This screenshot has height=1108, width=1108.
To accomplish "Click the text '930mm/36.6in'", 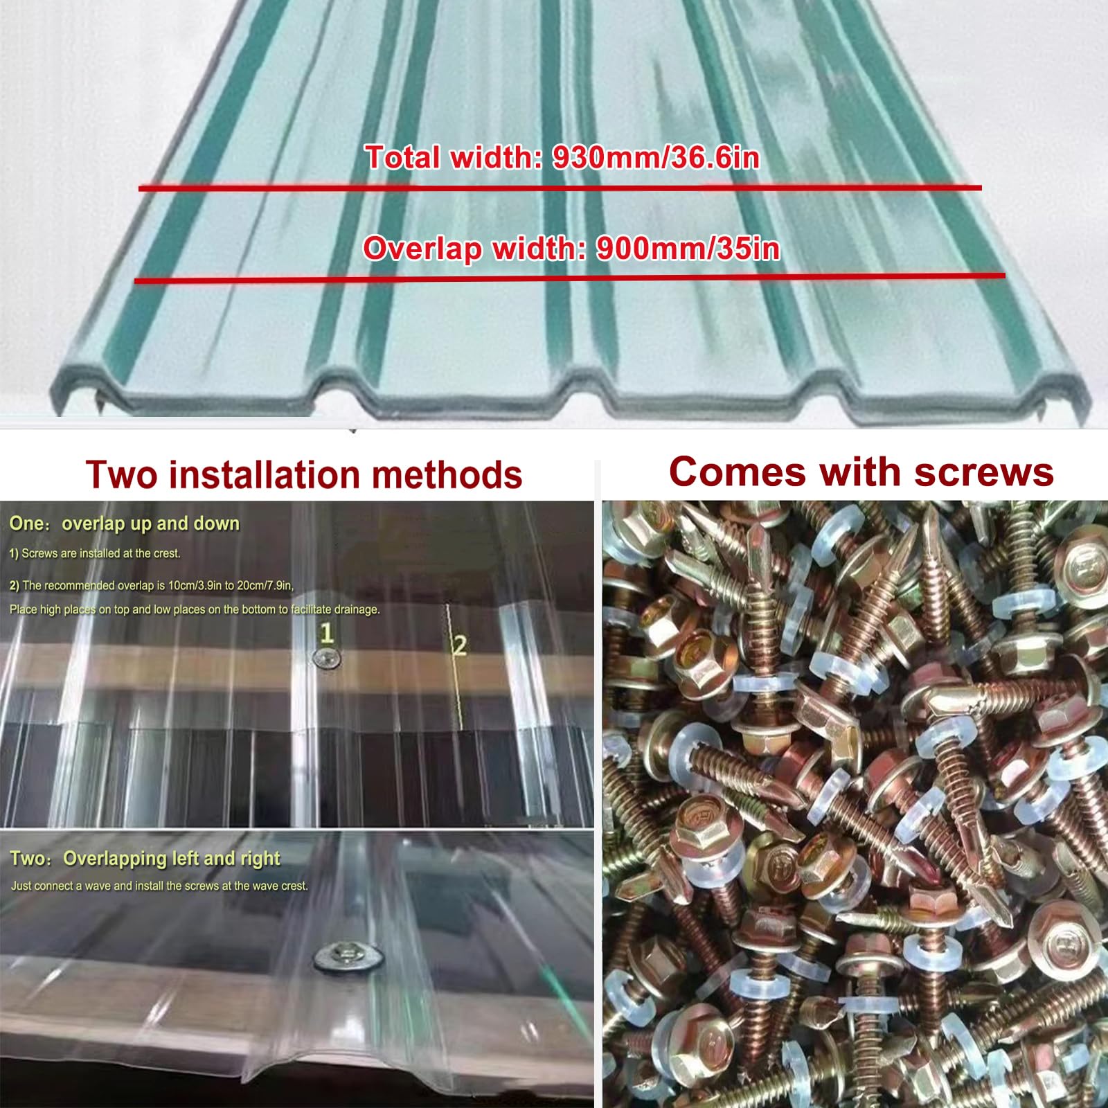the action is pos(656,158).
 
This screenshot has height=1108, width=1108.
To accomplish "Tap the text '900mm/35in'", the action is pos(688,249).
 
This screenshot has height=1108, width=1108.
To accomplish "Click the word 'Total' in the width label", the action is pos(403,157).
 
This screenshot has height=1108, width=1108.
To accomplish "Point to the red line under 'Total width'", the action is pos(560,188).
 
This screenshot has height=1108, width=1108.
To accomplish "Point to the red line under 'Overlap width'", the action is pos(569,278).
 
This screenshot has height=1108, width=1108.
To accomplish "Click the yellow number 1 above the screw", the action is pos(327,633).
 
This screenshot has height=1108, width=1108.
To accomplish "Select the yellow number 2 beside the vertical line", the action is pos(459,645).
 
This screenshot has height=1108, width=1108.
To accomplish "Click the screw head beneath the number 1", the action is pos(327,659).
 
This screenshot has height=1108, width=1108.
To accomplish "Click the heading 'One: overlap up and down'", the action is pos(125,524).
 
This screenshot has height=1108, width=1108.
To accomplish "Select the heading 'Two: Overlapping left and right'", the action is pos(145,859).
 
